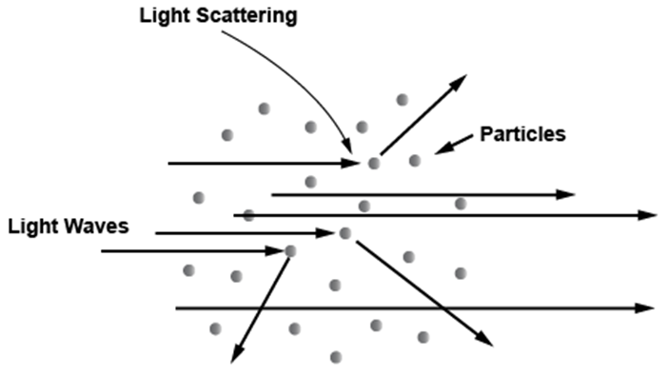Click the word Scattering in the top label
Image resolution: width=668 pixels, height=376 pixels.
click(x=246, y=16)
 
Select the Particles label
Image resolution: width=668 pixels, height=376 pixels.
click(x=522, y=134)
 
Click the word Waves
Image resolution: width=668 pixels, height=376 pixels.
click(x=102, y=226)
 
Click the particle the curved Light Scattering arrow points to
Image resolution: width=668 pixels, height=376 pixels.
click(x=374, y=163)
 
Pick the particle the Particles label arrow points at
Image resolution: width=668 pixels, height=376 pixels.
click(x=415, y=161)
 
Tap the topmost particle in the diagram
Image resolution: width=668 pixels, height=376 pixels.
click(x=403, y=100)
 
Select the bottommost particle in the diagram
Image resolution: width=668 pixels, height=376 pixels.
click(x=336, y=357)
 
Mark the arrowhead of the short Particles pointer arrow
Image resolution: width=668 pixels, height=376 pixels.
click(x=442, y=149)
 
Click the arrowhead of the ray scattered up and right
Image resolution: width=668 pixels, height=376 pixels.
click(x=459, y=82)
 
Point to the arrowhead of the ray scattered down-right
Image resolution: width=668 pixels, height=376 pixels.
click(x=484, y=339)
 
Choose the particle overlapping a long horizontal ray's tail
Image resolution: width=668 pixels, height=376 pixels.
click(x=248, y=215)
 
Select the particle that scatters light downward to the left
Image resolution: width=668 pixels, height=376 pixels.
click(x=290, y=251)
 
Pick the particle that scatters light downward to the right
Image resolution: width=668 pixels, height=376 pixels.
click(x=345, y=233)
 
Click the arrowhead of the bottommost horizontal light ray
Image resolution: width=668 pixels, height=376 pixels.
click(x=645, y=307)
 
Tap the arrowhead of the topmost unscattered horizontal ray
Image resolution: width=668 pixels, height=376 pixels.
click(x=566, y=195)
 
